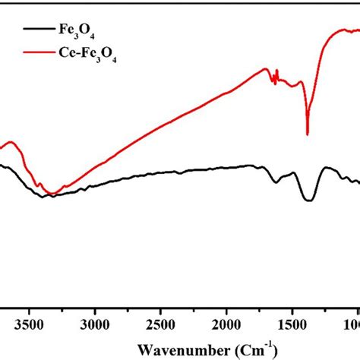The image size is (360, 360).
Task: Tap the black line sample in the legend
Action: coord(37,31)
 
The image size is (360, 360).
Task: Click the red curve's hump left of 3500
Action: coord(9,142)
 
